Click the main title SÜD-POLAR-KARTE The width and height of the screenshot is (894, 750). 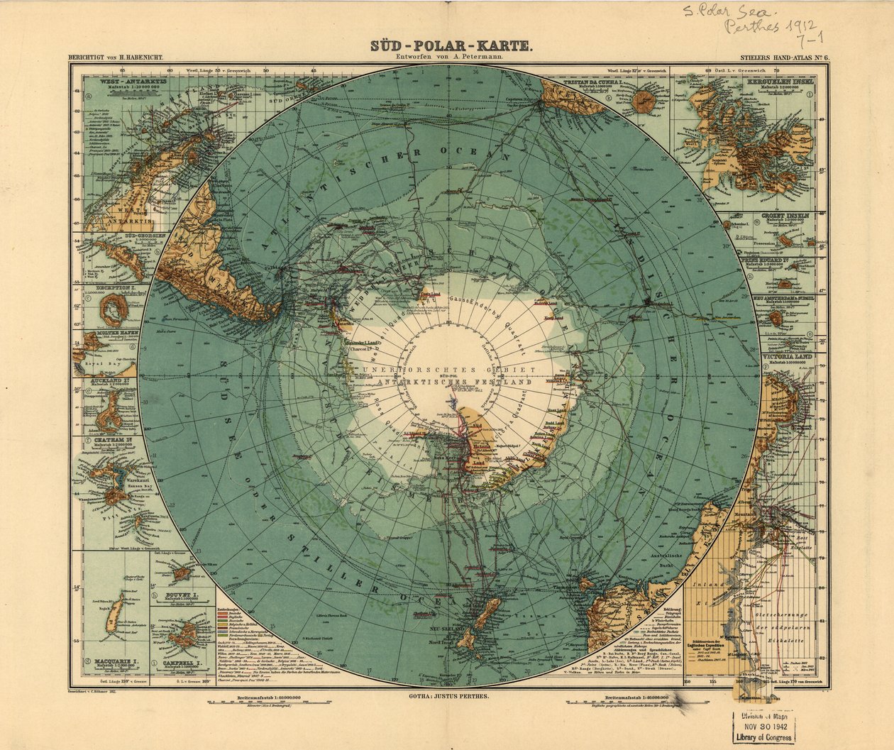[450, 46]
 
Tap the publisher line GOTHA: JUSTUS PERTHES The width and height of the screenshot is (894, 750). [449, 697]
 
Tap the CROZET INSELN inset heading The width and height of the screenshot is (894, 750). [785, 214]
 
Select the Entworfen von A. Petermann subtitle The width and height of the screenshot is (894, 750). [450, 60]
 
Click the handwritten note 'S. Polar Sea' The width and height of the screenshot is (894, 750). [729, 11]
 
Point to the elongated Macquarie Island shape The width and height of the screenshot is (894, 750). [112, 619]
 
